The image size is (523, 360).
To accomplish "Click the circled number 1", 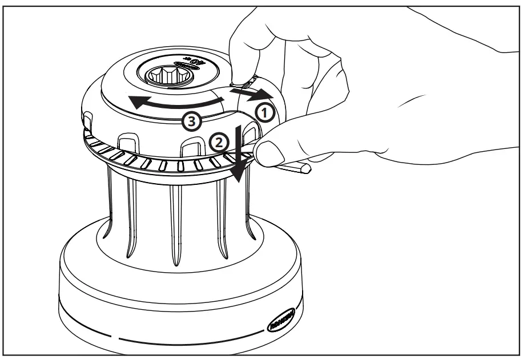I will coord(265,112).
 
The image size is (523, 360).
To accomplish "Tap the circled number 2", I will coord(219,140).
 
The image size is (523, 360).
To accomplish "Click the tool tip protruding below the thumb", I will coord(297,168).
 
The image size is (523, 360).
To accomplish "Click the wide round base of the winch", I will coord(171,297).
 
